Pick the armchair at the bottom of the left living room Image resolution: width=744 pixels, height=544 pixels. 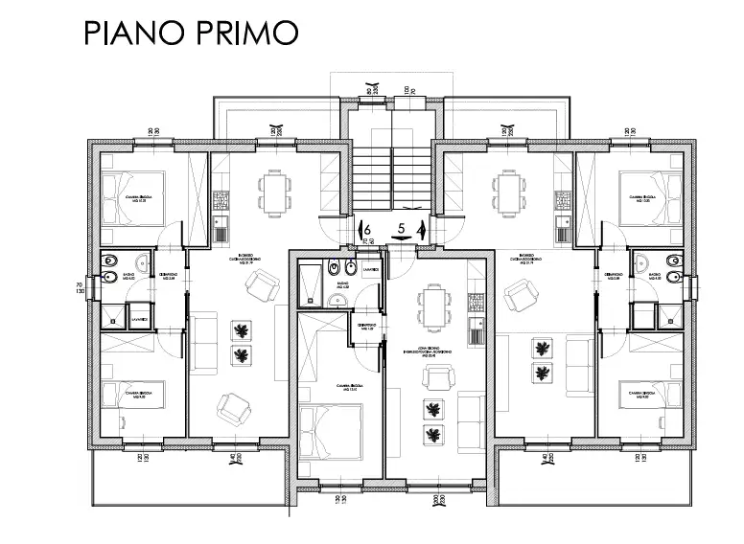(233, 411)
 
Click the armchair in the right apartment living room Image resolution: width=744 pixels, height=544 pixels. (521, 294)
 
